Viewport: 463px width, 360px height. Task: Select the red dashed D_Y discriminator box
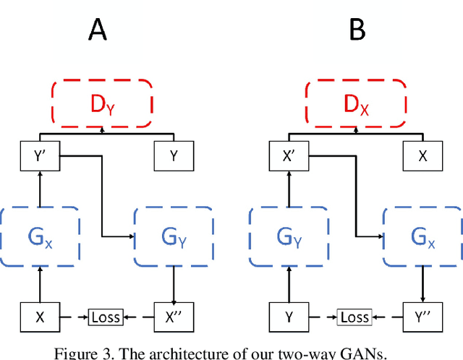[101, 103]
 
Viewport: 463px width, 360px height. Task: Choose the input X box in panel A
[39, 317]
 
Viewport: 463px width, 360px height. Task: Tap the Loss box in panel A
[106, 317]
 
